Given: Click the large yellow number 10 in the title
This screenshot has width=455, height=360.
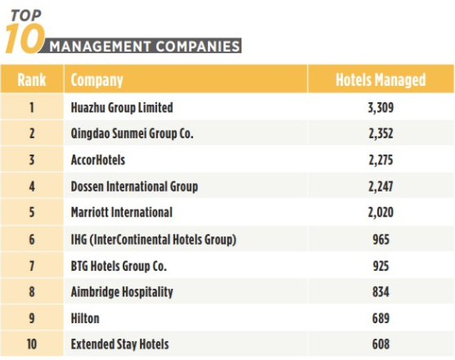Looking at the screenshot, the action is pos(25,39).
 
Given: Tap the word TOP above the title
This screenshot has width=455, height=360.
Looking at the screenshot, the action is pos(26,16).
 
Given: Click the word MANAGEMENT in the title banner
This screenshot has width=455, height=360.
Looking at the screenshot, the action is pos(100,47).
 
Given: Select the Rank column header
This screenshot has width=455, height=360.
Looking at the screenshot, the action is pos(32,79).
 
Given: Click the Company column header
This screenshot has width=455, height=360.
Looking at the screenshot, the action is pos(97,80).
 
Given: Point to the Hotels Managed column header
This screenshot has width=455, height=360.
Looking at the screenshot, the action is pos(381,80).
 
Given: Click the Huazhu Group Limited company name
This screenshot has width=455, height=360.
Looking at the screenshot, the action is pos(122,108).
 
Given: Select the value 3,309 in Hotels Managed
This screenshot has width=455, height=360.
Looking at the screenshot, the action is pos(381,108).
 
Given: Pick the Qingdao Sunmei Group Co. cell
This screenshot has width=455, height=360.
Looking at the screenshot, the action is pos(132,133).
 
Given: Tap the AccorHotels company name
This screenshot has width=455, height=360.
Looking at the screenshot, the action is pos(98,160).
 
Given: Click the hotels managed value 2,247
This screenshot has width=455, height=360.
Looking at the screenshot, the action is pos(381,187).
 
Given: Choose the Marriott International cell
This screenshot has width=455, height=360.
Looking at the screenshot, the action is pos(122,212).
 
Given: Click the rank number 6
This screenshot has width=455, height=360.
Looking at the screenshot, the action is pos(32,240).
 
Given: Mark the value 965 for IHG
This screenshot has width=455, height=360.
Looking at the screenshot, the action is pos(381,240).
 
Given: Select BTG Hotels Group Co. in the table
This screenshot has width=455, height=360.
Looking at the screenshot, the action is pos(119,266).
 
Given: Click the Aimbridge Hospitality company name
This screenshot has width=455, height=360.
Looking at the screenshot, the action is pos(122,292).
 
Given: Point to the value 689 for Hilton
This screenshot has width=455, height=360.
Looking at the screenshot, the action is pos(381,318).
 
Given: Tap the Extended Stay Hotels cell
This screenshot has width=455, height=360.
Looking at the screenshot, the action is pos(119,344).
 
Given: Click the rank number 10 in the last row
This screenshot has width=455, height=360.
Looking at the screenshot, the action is pos(32,344).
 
